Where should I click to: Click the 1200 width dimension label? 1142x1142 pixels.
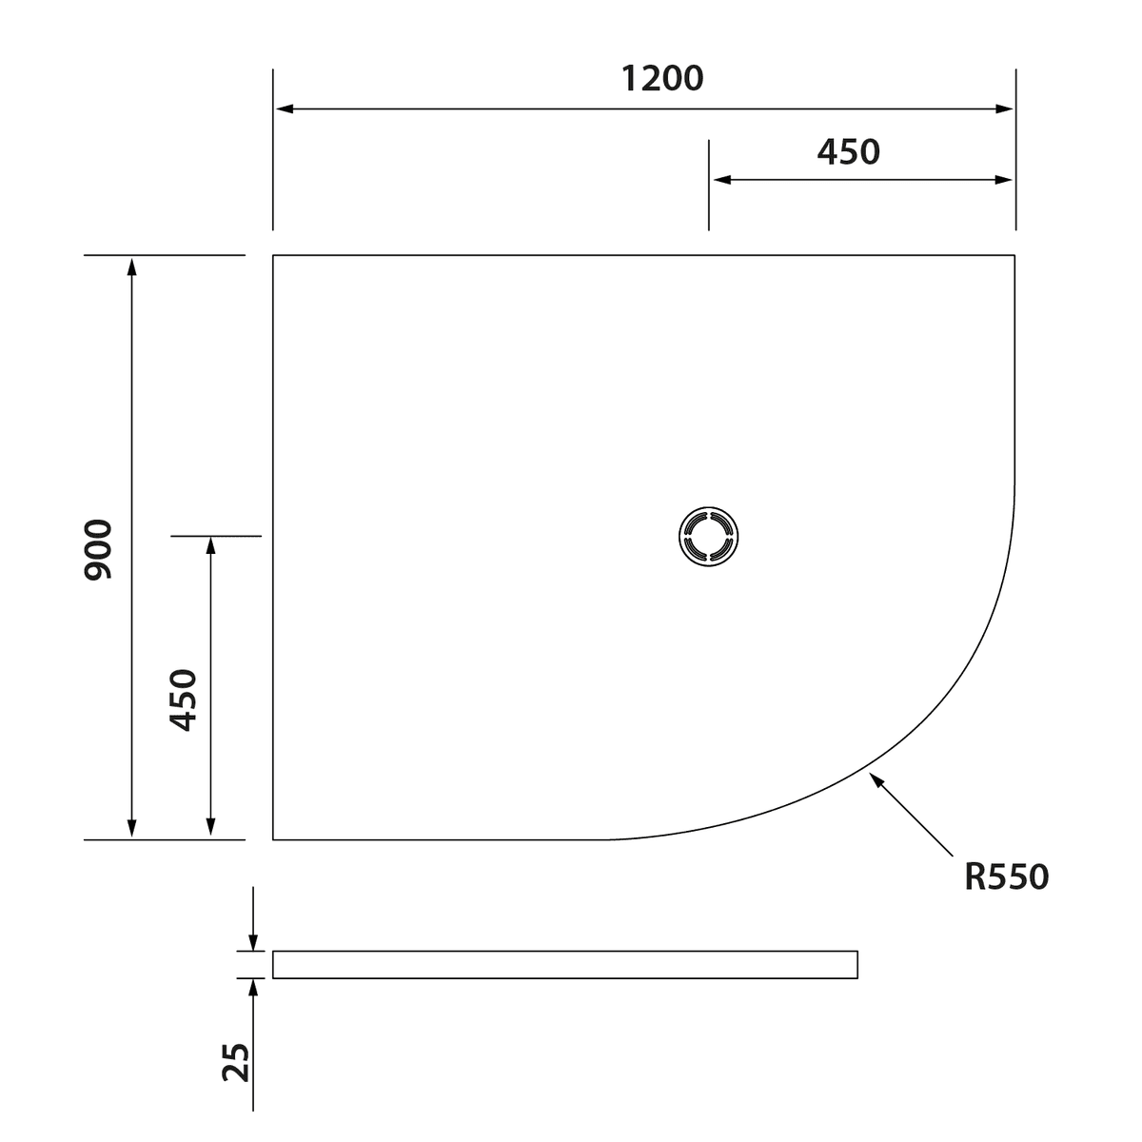(x=662, y=79)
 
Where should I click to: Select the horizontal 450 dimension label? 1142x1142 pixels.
(x=848, y=152)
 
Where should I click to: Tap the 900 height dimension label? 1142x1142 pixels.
(x=98, y=549)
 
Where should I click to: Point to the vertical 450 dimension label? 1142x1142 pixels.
(x=183, y=699)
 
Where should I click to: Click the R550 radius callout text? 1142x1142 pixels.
(x=1007, y=877)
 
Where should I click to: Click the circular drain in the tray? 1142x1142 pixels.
(x=708, y=537)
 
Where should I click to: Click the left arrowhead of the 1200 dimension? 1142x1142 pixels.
(x=285, y=109)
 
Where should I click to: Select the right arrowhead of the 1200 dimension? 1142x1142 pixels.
(x=1005, y=109)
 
